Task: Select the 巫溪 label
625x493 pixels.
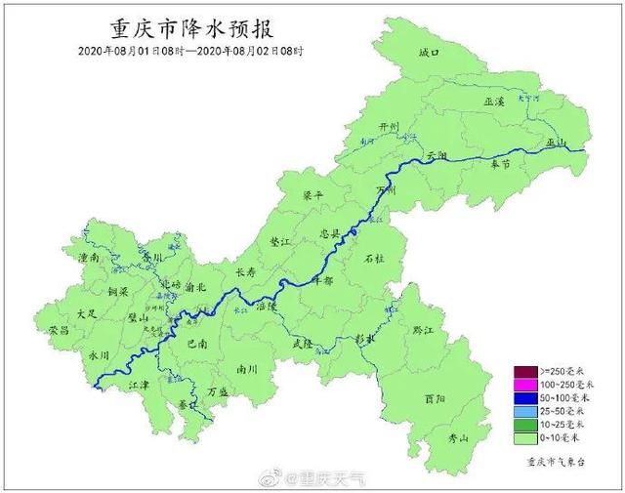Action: (x=495, y=102)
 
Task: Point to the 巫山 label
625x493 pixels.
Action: (x=557, y=143)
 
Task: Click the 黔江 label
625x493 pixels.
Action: (x=424, y=332)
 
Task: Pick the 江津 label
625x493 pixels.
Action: (x=139, y=385)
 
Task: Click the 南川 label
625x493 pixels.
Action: (x=247, y=370)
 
